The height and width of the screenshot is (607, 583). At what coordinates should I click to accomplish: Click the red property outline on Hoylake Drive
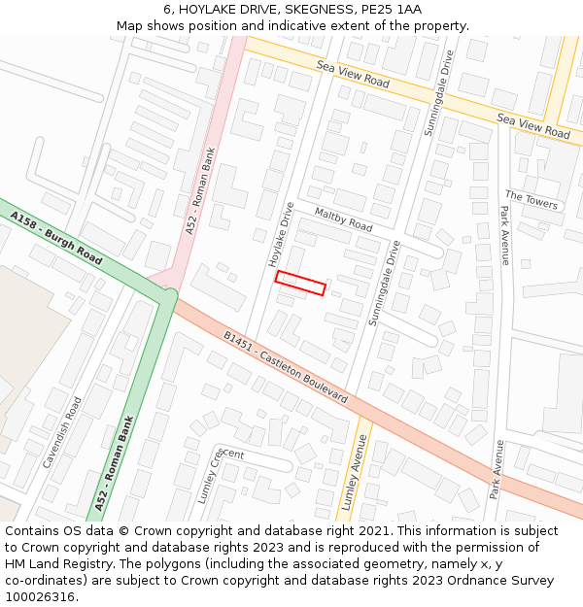click(x=299, y=283)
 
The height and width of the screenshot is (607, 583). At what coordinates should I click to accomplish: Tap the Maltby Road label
click(x=343, y=219)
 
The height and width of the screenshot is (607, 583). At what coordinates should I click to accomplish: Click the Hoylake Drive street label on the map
click(x=281, y=235)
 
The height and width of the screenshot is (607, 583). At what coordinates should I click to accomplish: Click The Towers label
click(x=532, y=199)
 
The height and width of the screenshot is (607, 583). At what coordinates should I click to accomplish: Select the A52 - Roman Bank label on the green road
click(x=115, y=463)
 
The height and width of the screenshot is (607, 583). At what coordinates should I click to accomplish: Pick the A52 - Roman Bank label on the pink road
click(x=200, y=190)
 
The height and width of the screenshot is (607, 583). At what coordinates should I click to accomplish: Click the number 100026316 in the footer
click(x=40, y=596)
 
